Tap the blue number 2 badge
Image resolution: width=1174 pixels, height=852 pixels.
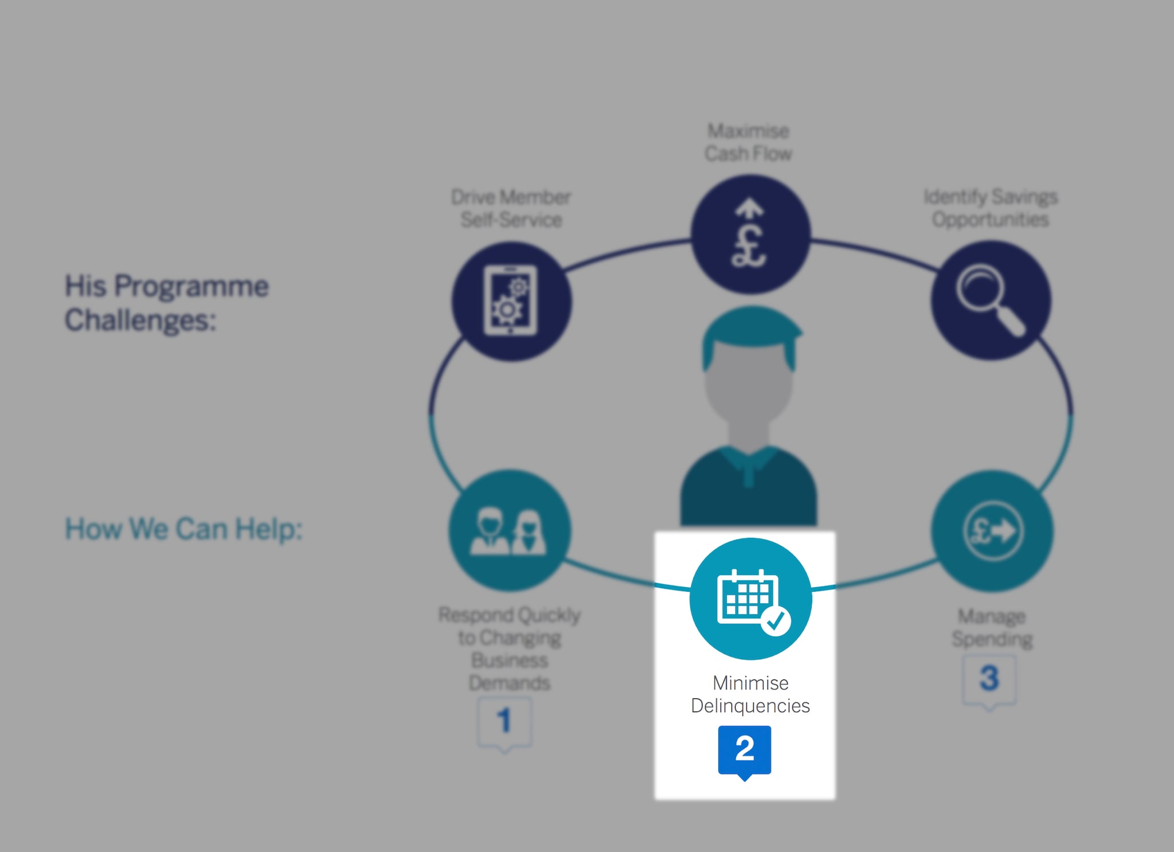[x=744, y=749]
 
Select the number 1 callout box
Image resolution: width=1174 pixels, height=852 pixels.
[x=504, y=721]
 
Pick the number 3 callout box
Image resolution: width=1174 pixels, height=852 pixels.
[x=989, y=679]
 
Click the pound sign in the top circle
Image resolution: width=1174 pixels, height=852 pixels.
[x=749, y=247]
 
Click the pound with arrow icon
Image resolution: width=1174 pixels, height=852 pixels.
[x=992, y=530]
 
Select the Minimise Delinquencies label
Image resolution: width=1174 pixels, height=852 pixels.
[x=750, y=694]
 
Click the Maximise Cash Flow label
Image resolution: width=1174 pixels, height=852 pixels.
[x=748, y=142]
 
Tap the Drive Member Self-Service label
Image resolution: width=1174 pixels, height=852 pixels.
[x=511, y=208]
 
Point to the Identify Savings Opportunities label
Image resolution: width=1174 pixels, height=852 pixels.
[x=990, y=208]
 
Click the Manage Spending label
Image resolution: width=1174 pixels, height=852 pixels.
[x=992, y=627]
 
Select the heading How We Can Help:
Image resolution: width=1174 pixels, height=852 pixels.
[x=183, y=529]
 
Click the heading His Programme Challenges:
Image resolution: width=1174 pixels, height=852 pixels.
[x=166, y=303]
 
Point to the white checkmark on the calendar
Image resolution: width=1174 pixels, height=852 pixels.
[x=776, y=621]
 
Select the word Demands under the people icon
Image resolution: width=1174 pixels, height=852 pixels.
[x=509, y=683]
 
